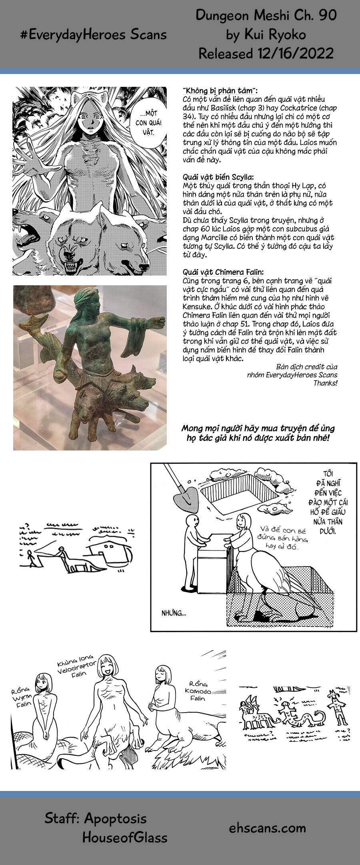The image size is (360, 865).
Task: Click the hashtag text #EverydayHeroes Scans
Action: (93, 35)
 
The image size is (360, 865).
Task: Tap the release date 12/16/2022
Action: (294, 53)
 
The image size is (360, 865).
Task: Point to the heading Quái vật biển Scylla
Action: (218, 177)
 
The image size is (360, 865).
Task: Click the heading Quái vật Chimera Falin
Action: (223, 272)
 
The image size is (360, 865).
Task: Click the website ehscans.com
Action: (267, 827)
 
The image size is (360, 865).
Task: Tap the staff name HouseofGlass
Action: (125, 837)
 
